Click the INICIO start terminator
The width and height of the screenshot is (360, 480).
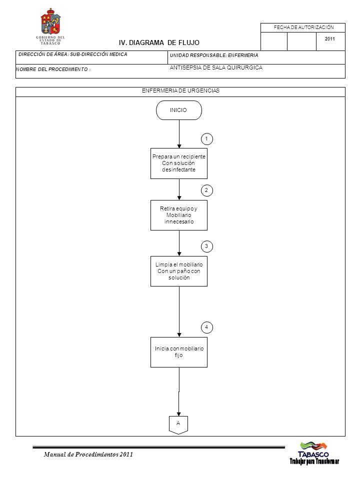point(179,110)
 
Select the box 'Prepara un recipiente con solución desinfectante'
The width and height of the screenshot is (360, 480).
point(179,163)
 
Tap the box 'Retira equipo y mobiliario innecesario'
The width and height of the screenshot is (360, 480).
point(179,215)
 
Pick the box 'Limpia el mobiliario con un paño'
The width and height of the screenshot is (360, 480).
point(179,271)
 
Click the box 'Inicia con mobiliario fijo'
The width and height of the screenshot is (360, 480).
point(179,352)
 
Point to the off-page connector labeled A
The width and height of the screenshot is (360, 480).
point(178,425)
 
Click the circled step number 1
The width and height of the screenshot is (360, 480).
point(206,139)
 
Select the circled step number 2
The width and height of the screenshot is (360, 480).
point(206,190)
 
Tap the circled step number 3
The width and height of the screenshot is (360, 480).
point(206,246)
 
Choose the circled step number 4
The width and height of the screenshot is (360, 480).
point(206,327)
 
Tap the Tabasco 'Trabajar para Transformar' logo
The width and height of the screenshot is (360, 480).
point(314,453)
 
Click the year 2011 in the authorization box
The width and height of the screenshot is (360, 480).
point(329,39)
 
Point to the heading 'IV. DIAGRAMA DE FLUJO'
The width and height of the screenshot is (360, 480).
point(159,42)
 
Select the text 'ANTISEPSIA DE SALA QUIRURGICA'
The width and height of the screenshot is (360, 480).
point(216,67)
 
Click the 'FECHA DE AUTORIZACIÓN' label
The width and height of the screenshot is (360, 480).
point(303,27)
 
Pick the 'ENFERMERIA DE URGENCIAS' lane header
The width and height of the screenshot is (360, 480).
point(180,90)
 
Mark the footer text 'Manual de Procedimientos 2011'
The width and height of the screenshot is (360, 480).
point(88,454)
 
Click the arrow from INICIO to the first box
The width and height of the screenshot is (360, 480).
point(179,134)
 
